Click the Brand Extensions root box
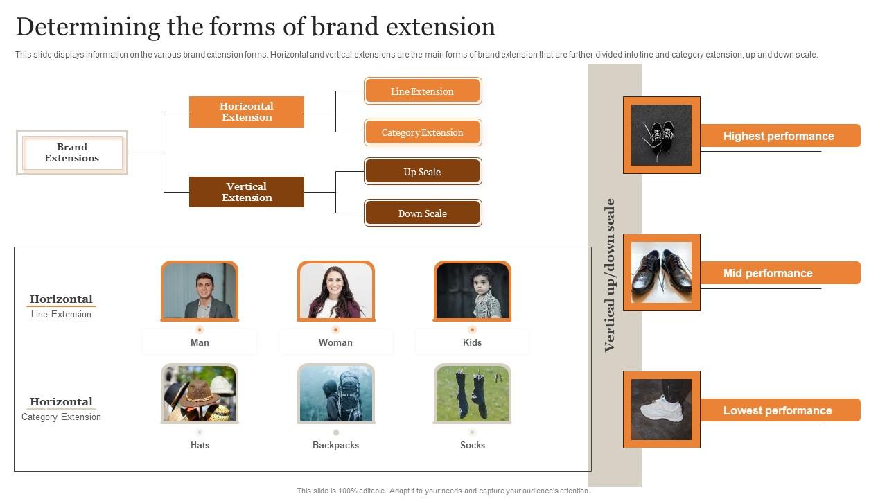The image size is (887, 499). [72, 152]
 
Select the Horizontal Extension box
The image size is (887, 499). [247, 112]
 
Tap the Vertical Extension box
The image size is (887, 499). [247, 192]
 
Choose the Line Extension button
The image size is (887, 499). [422, 91]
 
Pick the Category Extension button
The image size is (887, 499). [422, 132]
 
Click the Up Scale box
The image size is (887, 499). [422, 172]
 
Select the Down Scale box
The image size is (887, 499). [422, 213]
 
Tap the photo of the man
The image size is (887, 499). [200, 291]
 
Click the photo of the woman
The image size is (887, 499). [336, 291]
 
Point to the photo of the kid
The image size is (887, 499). [473, 291]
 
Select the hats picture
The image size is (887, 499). [200, 394]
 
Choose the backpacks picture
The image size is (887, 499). [336, 394]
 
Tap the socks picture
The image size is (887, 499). [473, 394]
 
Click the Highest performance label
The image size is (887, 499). [779, 136]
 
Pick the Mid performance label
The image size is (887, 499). [768, 273]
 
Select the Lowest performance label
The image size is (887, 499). [778, 410]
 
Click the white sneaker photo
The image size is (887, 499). [661, 410]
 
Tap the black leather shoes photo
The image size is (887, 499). [661, 272]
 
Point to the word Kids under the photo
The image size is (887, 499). [473, 342]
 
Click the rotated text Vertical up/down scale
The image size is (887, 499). [610, 275]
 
